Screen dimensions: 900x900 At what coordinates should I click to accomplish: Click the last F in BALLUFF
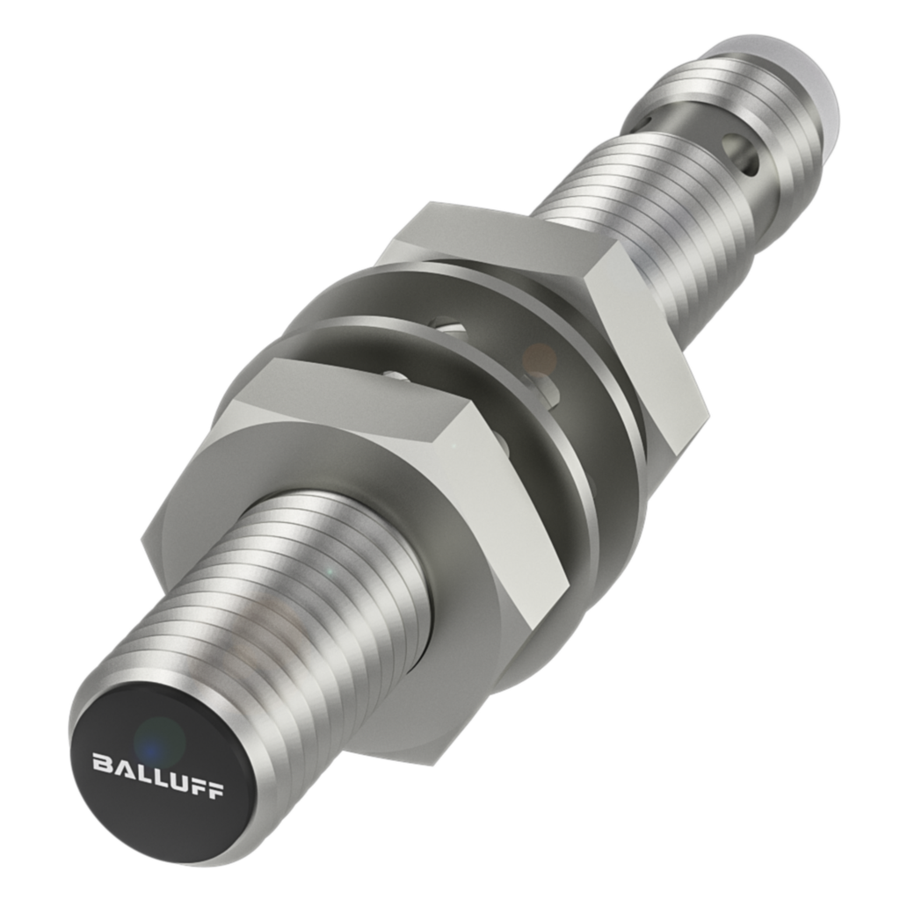tap(214, 788)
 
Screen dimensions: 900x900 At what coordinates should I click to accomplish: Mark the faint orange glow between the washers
tap(538, 359)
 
